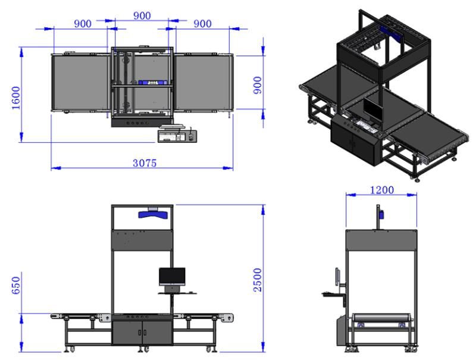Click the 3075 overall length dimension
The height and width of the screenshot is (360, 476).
pos(145,163)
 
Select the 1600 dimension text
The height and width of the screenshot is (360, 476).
pos(15,98)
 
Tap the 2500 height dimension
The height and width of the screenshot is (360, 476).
pos(258,280)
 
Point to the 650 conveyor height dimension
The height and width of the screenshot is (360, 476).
pos(15,286)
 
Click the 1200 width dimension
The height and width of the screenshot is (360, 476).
pos(381,190)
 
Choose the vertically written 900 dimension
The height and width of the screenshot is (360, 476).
pos(258,85)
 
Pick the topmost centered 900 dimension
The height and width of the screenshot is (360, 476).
pos(142,15)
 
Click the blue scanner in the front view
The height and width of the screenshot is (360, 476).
pos(154,214)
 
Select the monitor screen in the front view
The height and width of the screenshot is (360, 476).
pos(172,276)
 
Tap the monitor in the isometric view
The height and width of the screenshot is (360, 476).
pos(374,111)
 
